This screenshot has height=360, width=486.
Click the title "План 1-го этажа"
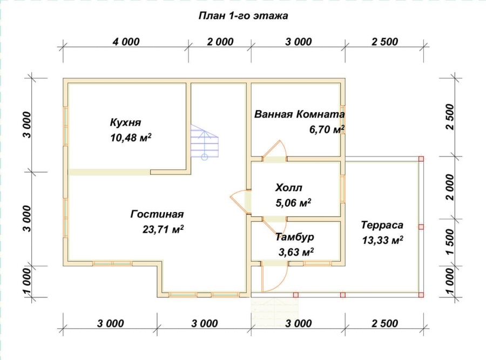point(244,16)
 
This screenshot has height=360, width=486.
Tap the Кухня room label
point(125,123)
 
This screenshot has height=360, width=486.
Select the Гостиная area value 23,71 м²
point(163,229)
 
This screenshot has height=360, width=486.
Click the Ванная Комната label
point(299,114)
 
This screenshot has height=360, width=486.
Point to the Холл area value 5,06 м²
point(294,202)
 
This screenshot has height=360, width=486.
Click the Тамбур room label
point(295,237)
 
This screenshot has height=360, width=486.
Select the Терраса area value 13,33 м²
point(383,240)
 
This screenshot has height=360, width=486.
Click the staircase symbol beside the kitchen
point(204,142)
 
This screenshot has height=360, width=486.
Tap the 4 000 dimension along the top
point(126,42)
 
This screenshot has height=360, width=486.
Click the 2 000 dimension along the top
point(220,42)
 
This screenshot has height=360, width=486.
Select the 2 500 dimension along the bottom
point(384,323)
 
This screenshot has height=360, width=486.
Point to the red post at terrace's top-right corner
point(421,159)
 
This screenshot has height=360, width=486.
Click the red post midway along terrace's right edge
point(421,227)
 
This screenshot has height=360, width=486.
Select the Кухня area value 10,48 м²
point(131,138)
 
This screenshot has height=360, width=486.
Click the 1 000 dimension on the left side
point(27,282)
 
